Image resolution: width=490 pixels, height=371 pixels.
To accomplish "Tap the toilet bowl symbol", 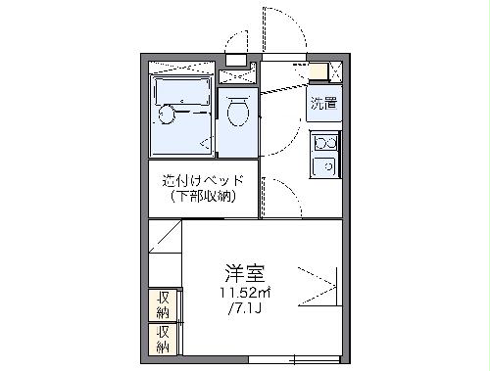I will pos(236,115).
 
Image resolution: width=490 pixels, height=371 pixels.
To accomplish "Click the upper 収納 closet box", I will pos(163,303).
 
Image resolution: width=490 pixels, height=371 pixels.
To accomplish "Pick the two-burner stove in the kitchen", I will pos(323,144).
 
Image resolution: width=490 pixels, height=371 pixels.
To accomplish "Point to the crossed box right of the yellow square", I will pos(334,71).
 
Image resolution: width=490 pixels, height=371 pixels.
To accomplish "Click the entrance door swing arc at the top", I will pos(279,27).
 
